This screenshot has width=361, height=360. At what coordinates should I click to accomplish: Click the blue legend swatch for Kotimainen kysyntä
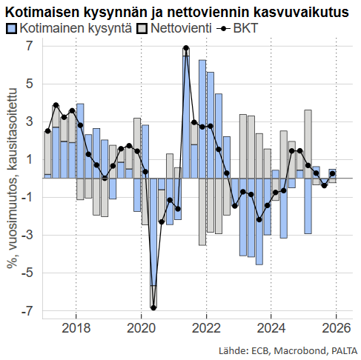click(x=11, y=28)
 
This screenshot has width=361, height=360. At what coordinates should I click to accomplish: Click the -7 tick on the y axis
click(x=27, y=312)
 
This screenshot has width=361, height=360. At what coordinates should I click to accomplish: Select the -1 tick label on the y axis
click(x=27, y=198)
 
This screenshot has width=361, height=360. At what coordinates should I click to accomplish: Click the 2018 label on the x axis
click(x=77, y=328)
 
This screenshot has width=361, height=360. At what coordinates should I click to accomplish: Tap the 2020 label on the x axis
click(x=142, y=328)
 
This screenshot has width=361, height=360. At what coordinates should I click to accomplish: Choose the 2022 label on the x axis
click(x=206, y=328)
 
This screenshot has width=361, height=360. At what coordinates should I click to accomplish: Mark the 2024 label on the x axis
click(x=271, y=328)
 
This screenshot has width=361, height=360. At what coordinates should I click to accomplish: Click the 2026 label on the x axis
click(x=336, y=328)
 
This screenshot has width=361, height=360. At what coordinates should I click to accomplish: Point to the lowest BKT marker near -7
click(x=153, y=307)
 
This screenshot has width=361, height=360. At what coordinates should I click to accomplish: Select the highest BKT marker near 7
click(x=186, y=49)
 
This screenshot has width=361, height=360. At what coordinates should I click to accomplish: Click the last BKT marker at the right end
click(x=332, y=174)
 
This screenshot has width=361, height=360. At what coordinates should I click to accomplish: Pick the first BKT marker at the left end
click(x=47, y=131)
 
